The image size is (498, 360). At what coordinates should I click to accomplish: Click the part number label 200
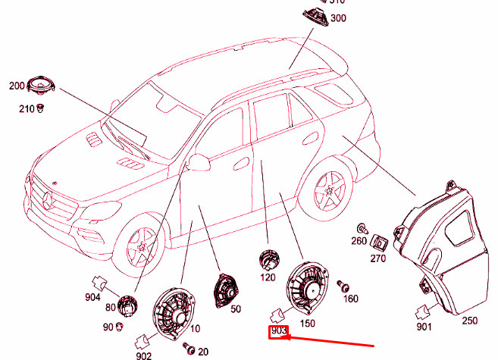pyautogui.click(x=17, y=86)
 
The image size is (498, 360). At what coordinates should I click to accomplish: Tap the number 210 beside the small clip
pyautogui.click(x=26, y=109)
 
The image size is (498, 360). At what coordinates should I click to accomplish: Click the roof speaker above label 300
pyautogui.click(x=311, y=16)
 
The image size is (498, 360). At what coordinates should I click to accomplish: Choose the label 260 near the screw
pyautogui.click(x=359, y=241)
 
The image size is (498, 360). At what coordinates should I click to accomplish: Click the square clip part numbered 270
pyautogui.click(x=378, y=243)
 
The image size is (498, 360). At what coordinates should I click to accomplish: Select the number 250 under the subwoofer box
pyautogui.click(x=470, y=321)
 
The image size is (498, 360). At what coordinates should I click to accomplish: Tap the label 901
pyautogui.click(x=423, y=327)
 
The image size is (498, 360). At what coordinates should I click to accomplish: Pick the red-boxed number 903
pyautogui.click(x=278, y=332)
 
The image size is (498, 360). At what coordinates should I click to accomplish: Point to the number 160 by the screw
pyautogui.click(x=351, y=299)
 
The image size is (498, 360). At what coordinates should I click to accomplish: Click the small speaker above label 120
pyautogui.click(x=269, y=260)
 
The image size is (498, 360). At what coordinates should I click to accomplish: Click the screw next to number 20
pyautogui.click(x=188, y=349)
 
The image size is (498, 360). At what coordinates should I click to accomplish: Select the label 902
pyautogui.click(x=144, y=355)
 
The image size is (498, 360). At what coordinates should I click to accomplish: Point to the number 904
pyautogui.click(x=92, y=297)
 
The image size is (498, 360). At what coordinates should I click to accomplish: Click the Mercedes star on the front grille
pyautogui.click(x=47, y=200)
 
